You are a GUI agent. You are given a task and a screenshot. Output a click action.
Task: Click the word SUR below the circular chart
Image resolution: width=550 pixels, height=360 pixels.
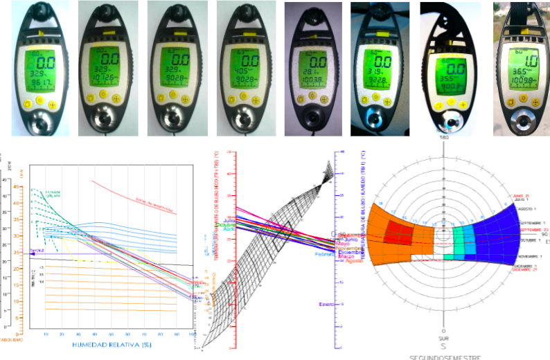point(443,339)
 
